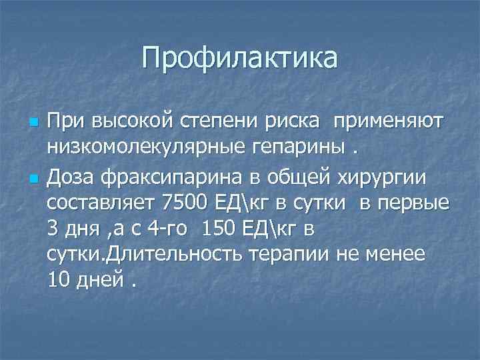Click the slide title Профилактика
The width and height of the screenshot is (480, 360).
[239, 58]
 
